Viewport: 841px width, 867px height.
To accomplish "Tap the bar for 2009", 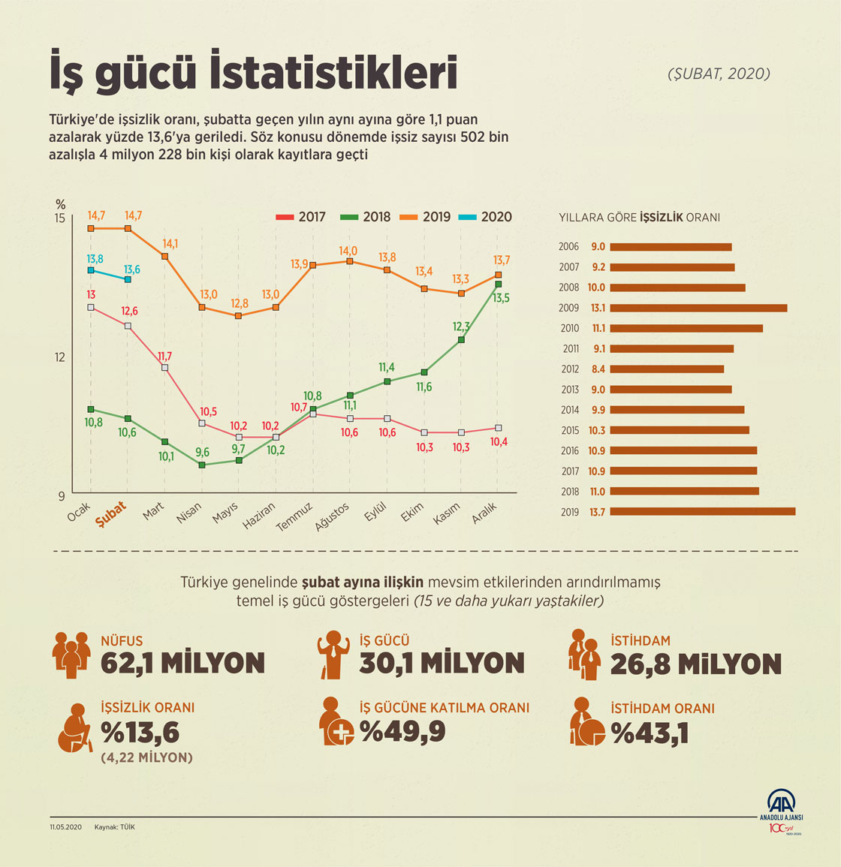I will [698, 308].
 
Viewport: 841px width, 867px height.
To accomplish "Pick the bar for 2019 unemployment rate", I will [702, 512].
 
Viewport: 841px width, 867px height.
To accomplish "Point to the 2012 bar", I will [667, 369].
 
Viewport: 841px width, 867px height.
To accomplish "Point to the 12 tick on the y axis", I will [59, 357].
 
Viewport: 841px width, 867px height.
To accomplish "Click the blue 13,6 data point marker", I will [128, 279].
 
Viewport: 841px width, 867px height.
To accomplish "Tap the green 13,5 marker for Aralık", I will [499, 284].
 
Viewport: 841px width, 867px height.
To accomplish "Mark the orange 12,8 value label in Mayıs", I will [240, 303].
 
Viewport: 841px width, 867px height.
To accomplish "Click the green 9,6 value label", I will [202, 453].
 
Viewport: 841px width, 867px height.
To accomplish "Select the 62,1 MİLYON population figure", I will [182, 663].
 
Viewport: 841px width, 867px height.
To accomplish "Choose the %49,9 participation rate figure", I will [402, 731].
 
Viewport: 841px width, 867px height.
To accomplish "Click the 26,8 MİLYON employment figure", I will [695, 664].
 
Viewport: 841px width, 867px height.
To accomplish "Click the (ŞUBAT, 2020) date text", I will [719, 74].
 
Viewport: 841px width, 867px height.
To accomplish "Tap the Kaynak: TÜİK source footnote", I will [115, 827].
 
